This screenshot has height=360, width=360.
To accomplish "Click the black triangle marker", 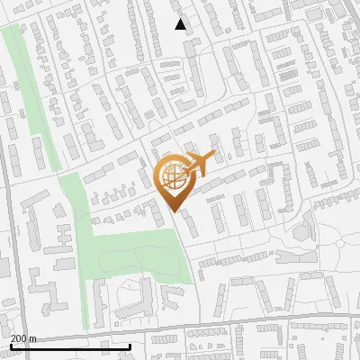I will [181, 24].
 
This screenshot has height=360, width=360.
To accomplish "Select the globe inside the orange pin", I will [172, 178].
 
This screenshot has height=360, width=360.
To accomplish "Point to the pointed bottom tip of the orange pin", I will [173, 212].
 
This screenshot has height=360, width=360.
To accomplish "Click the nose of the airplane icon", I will [212, 157].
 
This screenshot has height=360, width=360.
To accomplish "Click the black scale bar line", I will [70, 346].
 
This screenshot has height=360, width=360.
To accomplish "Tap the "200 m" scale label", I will [24, 338].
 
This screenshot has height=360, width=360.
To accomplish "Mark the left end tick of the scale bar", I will [11, 346].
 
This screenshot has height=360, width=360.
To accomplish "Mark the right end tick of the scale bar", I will [130, 346].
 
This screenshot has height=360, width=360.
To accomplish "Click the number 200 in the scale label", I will [20, 338].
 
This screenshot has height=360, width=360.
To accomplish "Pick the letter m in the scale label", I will [33, 339].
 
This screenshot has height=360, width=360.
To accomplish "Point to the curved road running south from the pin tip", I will [185, 252].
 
